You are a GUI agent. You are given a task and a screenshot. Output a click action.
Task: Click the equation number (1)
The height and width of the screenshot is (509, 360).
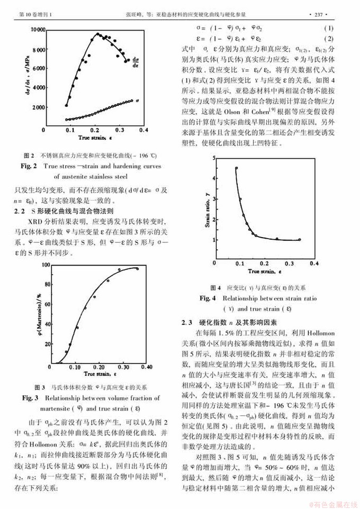pos(328,28)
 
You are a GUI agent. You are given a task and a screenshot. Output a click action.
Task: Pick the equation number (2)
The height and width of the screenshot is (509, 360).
pos(328,39)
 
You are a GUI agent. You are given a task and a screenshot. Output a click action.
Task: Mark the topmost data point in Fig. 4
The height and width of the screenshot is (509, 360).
pos(236,168)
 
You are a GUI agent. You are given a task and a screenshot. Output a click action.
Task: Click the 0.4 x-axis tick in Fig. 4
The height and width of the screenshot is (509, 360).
pos(313,263)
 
